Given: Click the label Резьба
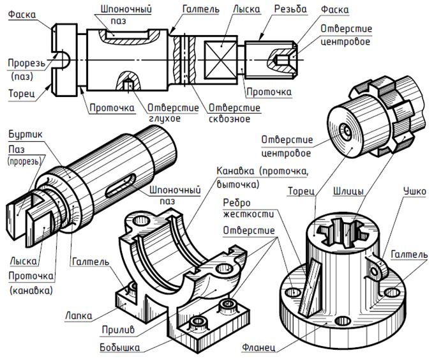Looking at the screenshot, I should [x=290, y=9].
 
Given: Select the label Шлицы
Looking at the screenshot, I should [x=348, y=191].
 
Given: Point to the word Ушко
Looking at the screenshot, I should [x=415, y=191].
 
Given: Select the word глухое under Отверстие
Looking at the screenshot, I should [x=165, y=118].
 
